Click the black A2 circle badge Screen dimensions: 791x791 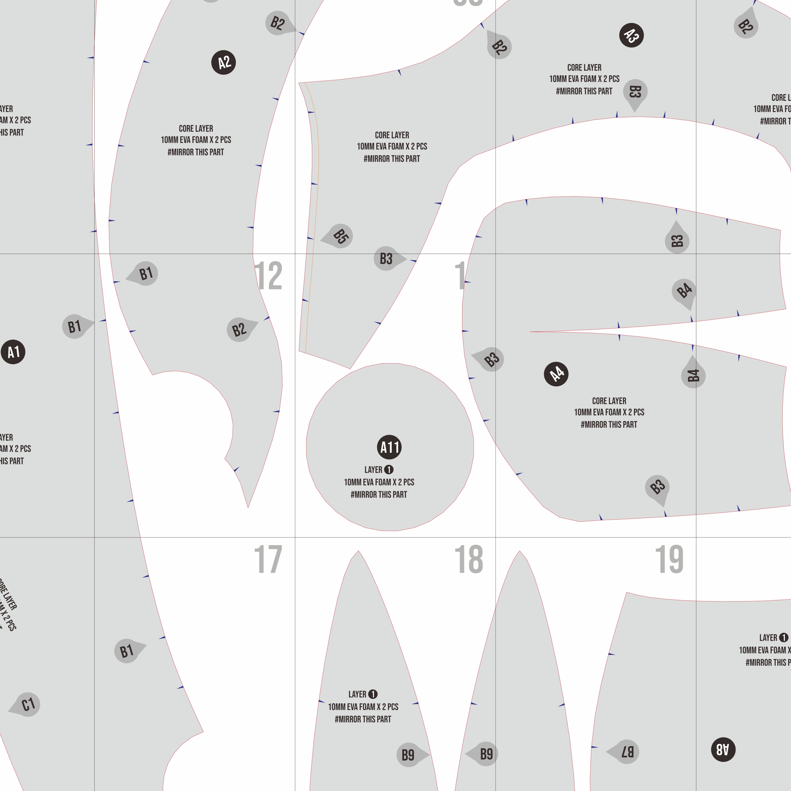click(x=224, y=63)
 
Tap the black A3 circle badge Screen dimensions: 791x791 click(x=631, y=35)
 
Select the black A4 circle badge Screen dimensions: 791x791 click(x=556, y=374)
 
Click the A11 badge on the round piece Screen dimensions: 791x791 click(x=389, y=447)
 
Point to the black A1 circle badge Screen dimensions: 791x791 click(x=13, y=352)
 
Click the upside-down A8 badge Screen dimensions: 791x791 click(x=723, y=750)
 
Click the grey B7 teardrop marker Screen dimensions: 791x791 click(x=626, y=752)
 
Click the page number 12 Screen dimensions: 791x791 click(x=268, y=276)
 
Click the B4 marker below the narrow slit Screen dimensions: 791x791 click(x=693, y=375)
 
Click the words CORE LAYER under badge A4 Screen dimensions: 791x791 click(x=609, y=401)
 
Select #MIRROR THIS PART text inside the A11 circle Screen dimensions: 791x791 click(x=379, y=495)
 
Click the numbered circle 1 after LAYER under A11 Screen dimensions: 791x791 click(x=389, y=469)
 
